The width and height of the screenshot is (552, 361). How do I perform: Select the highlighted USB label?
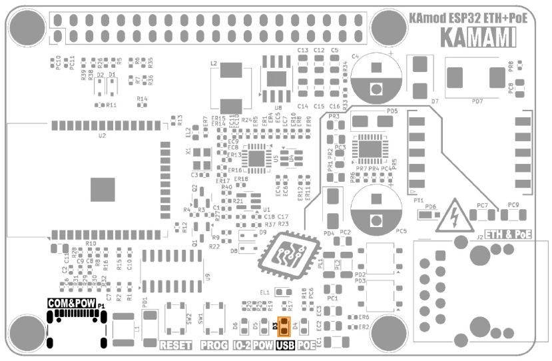(x=284, y=345)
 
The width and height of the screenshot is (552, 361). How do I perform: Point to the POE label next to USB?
(x=306, y=345)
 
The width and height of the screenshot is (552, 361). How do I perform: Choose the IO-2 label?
(x=241, y=345)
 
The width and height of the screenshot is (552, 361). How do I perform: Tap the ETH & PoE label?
(x=509, y=234)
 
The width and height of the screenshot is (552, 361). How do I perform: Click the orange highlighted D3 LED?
(x=284, y=326)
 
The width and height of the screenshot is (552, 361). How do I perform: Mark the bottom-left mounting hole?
(x=27, y=331)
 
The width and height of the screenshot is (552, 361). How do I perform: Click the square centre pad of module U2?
(x=103, y=189)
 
